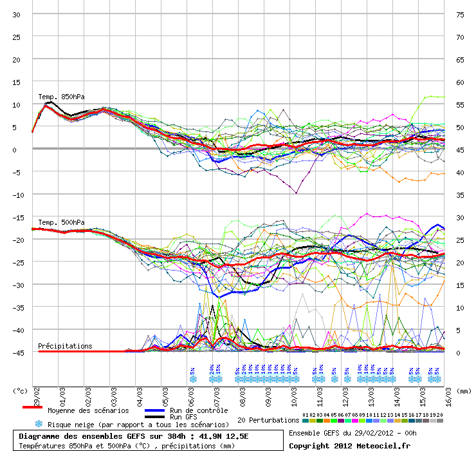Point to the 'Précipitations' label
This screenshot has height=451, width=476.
point(65,346)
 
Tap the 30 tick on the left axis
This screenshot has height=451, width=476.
point(17,15)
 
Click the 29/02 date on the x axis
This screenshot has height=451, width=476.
point(34,392)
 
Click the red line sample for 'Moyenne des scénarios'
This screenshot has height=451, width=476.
point(32,407)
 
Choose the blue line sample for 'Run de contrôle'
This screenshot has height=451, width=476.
point(156,410)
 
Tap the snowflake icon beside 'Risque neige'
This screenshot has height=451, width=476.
point(38,424)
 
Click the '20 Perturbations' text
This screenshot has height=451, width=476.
point(268,420)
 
